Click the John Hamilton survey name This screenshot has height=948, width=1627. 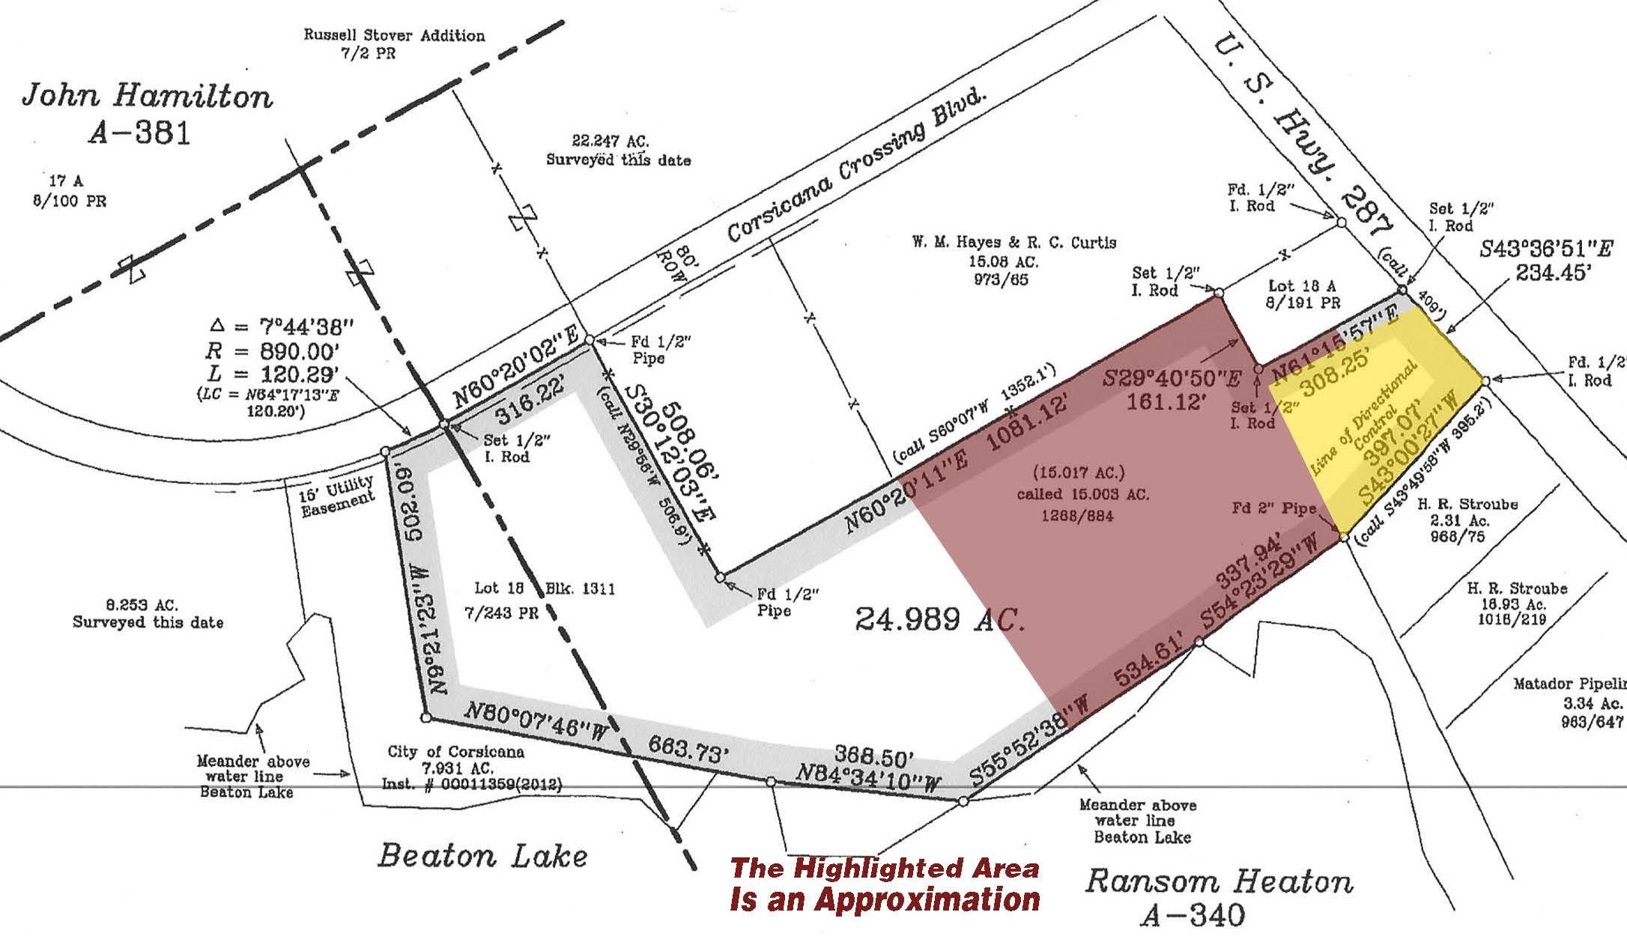pyautogui.click(x=147, y=97)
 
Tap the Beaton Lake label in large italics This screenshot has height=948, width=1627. pyautogui.click(x=482, y=855)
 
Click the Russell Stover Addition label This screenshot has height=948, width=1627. pyautogui.click(x=393, y=35)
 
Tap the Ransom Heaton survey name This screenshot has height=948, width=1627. pyautogui.click(x=1219, y=882)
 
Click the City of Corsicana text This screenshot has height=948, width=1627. pyautogui.click(x=455, y=751)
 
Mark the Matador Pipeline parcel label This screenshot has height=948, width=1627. pyautogui.click(x=1569, y=684)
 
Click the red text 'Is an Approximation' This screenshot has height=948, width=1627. pyautogui.click(x=885, y=899)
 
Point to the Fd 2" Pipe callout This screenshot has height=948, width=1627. pyautogui.click(x=1284, y=508)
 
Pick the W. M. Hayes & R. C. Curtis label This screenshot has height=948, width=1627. pyautogui.click(x=1014, y=243)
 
